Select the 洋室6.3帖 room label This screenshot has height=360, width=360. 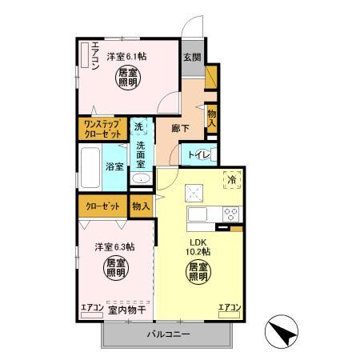click(115, 247)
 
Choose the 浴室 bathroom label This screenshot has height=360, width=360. click(114, 166)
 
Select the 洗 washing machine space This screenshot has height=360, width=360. click(139, 126)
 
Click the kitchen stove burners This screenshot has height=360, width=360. click(230, 214)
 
